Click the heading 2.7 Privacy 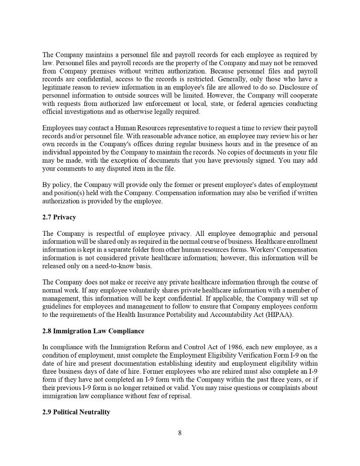(59, 217)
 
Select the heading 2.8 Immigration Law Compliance (93, 331)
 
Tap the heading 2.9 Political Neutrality (76, 412)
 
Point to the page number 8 (180, 433)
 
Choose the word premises (97, 71)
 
